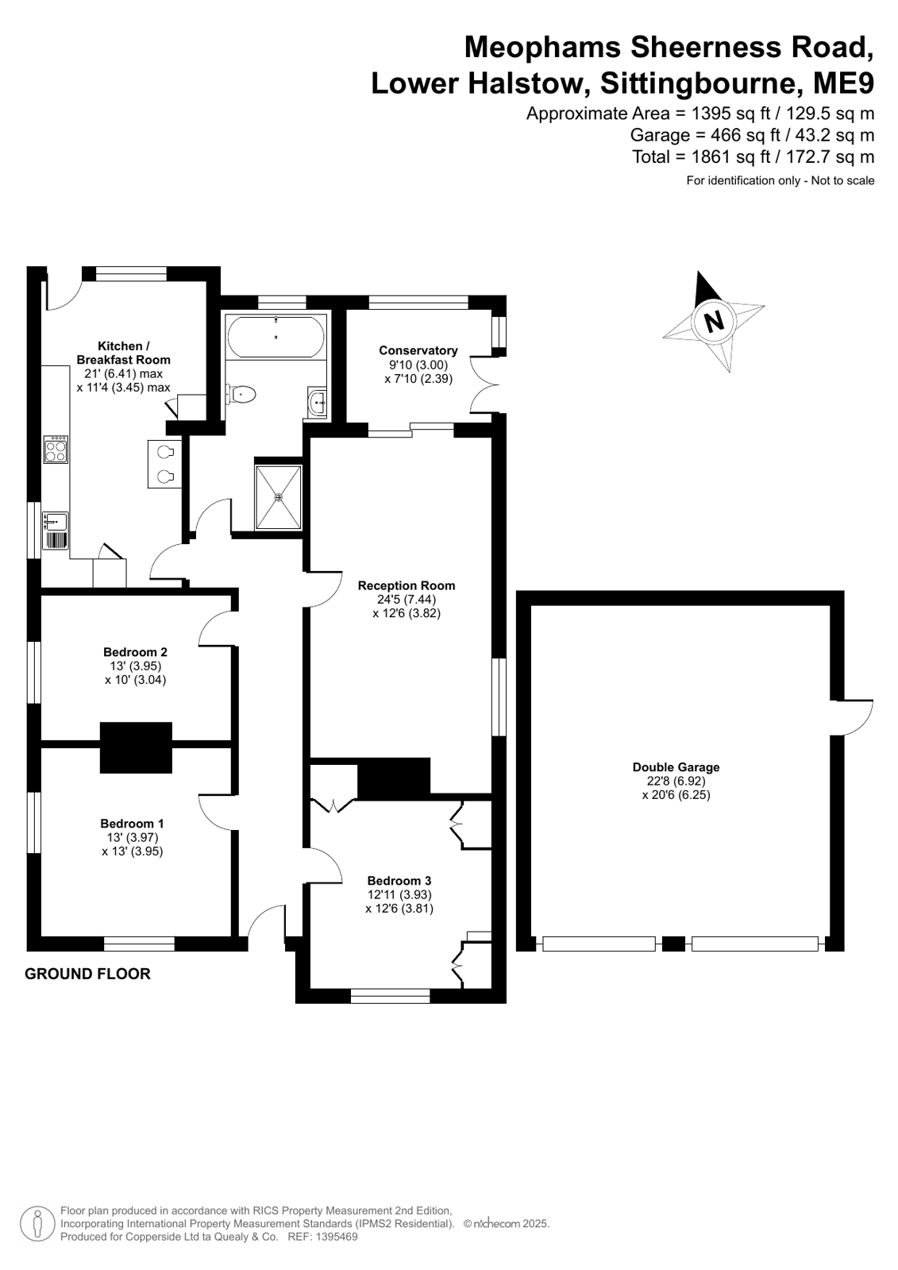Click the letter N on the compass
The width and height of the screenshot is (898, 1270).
(714, 322)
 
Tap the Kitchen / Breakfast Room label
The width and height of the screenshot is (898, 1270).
(123, 353)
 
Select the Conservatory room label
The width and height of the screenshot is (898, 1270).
(418, 350)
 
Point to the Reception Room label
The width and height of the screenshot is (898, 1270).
(407, 585)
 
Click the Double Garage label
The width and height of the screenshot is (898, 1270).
(676, 767)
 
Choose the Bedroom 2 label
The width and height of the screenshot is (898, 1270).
(136, 652)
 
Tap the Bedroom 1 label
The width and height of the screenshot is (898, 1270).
(132, 823)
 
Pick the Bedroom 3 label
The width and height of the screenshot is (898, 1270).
(399, 881)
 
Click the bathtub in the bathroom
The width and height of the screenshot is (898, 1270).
(276, 337)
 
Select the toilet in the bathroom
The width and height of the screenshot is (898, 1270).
(241, 394)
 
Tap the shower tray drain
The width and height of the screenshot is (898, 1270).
(279, 497)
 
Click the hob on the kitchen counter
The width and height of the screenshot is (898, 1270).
(56, 450)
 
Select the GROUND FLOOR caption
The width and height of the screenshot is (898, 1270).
(88, 974)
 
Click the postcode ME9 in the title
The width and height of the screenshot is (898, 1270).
(843, 83)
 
